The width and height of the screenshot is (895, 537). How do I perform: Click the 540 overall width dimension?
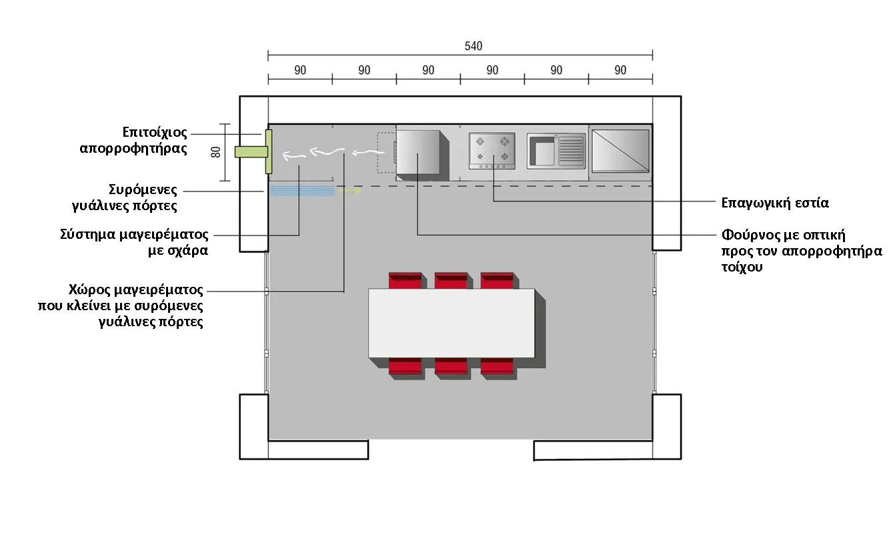pos(473,46)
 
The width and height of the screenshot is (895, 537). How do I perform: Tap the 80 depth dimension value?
pos(215,152)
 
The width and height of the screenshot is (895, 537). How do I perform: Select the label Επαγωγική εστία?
pos(776,203)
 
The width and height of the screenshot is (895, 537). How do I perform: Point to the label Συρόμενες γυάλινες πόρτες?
pos(133,197)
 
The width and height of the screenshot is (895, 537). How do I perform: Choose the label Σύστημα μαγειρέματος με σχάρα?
pos(133,243)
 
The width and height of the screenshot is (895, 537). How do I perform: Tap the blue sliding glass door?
pos(302,191)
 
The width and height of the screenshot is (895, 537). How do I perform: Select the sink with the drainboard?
pos(556,151)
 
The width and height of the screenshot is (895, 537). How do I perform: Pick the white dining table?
pos(452,323)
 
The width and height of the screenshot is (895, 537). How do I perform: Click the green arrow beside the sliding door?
pos(349,191)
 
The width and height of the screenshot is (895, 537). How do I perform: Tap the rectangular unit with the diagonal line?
pos(620,151)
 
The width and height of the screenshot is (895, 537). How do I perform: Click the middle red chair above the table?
pos(451,280)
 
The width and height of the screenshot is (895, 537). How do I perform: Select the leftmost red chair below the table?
pos(405,367)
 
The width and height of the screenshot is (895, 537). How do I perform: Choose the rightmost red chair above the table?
pos(497,280)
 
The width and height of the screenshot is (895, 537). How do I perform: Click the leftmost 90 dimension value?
pos(300,70)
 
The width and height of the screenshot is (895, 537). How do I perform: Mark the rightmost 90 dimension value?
pos(620,70)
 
